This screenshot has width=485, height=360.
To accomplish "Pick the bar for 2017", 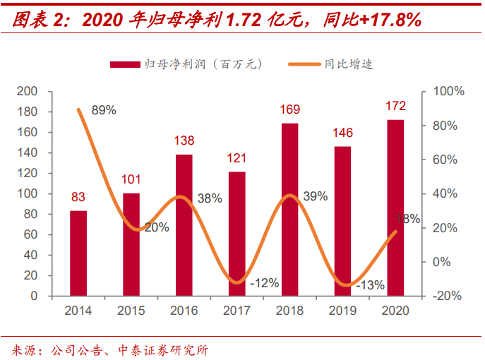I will click(237, 234).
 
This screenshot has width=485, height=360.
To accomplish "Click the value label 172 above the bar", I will click(395, 107).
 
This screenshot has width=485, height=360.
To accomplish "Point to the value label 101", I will click(131, 179).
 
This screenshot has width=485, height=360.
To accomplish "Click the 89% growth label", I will click(104, 110).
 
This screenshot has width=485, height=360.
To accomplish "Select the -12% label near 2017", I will click(264, 283).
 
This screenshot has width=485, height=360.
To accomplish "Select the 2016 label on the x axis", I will click(184, 311).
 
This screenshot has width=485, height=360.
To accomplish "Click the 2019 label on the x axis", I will click(342, 311).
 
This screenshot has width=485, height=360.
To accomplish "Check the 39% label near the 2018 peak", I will click(315, 196).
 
